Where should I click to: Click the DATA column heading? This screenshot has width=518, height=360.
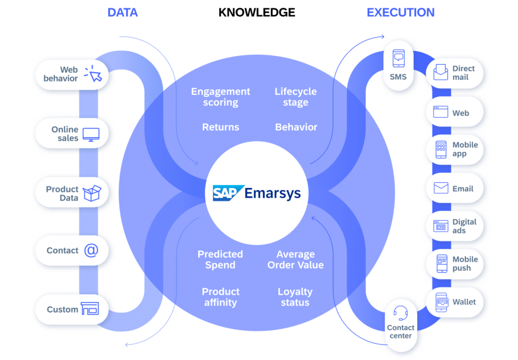point(123,13)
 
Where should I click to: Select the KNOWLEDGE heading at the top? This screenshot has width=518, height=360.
point(257,13)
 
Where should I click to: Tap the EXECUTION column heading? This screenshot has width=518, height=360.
point(400,13)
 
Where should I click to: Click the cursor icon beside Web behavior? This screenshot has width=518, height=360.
point(93,74)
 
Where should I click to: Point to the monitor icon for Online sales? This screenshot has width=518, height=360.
point(91,134)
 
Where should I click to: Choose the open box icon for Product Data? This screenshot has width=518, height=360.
point(92,193)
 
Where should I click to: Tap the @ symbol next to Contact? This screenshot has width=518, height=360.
point(91,250)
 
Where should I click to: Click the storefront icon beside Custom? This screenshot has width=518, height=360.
point(90,309)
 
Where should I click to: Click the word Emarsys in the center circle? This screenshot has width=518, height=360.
point(272,193)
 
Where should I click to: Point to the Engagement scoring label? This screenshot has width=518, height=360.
point(221,97)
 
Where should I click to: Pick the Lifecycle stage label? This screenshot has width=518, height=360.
point(295,97)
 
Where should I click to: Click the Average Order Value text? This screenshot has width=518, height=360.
point(295,260)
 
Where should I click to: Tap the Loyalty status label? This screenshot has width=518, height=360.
point(295,297)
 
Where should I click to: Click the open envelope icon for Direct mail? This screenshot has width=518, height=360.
point(441,73)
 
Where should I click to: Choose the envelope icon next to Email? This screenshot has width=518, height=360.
point(441,189)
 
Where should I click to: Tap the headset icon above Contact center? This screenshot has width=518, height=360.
point(401,313)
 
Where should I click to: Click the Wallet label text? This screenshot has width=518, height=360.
point(464,302)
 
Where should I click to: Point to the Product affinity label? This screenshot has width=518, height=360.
point(221,297)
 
